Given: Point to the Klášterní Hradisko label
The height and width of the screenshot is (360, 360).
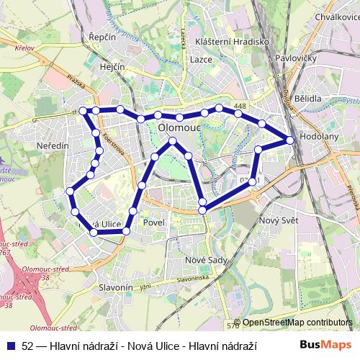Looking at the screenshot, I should [x=232, y=42].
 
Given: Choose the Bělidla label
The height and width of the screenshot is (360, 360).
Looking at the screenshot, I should [x=307, y=97].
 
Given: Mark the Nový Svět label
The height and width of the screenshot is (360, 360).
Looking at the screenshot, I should [x=279, y=220].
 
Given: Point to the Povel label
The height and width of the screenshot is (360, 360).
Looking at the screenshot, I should [x=154, y=222].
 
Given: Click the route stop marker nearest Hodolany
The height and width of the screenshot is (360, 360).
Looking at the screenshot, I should [x=290, y=140].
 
